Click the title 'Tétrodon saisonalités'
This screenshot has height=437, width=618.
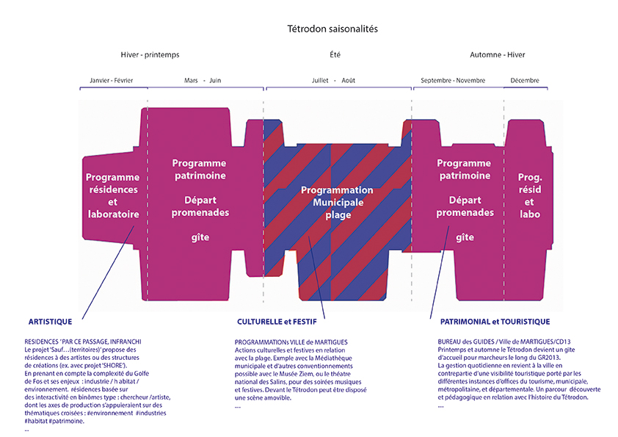pos(332,29)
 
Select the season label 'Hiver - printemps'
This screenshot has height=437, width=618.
pos(150,55)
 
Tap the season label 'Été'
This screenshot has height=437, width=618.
pos(335,54)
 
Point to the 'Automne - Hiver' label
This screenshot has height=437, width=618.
pos(498,55)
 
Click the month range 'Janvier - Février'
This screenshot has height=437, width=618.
pos(111,81)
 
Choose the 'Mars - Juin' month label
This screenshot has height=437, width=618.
pos(203,81)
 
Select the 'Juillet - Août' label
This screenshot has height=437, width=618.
pos(333,81)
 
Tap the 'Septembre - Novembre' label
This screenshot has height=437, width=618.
pos(453,81)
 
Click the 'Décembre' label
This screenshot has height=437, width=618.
pos(525,81)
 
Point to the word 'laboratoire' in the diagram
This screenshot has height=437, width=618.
pos(114,214)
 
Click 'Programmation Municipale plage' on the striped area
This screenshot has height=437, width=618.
pos(338,202)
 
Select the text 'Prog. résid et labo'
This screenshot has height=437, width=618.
pos(530,195)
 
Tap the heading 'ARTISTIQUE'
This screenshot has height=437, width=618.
pos(50,322)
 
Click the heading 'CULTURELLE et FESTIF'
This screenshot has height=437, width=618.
pos(277,322)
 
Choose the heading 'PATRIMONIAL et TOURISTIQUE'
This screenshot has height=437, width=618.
pos(495,322)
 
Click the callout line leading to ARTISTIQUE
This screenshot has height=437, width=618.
pos(108,272)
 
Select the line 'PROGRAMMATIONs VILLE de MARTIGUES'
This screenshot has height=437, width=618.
pos(291,342)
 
